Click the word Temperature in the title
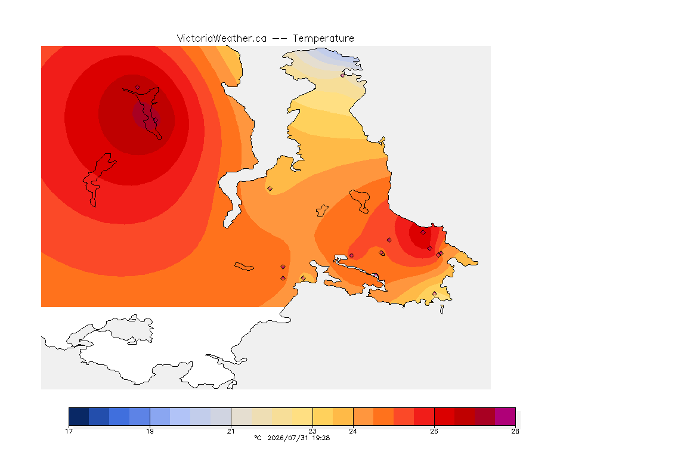tap(323, 39)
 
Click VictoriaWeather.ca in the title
tap(222, 39)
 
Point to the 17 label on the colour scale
tap(69, 431)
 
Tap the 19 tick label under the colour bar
tap(150, 431)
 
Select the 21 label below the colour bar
tap(231, 431)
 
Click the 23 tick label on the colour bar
tap(312, 431)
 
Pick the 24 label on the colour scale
tap(352, 431)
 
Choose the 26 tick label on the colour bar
tap(434, 431)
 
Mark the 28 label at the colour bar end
tap(515, 431)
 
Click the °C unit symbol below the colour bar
tap(258, 438)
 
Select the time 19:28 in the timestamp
tap(321, 438)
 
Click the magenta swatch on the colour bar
tap(505, 416)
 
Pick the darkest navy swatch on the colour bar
tap(79, 416)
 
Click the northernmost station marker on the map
tap(343, 75)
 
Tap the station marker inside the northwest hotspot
tap(138, 88)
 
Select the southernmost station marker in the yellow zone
tap(434, 293)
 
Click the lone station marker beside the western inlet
tap(270, 189)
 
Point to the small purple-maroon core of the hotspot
tap(146, 116)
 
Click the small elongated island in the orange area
tap(244, 267)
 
